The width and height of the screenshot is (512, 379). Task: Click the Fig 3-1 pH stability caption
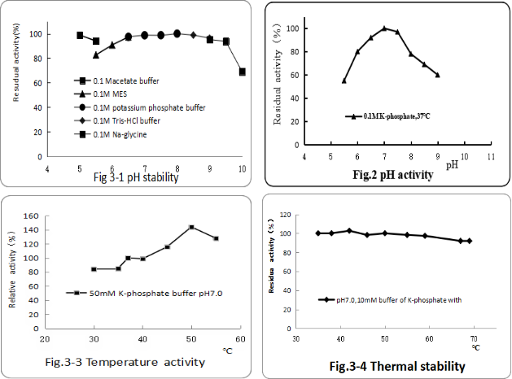(x=134, y=176)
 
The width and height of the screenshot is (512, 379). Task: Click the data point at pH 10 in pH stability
(x=242, y=72)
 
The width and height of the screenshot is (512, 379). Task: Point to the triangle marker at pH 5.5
(x=96, y=54)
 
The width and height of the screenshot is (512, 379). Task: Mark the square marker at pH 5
(x=80, y=36)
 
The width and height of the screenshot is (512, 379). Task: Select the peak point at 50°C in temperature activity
(x=191, y=227)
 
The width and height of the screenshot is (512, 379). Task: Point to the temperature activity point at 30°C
(x=94, y=269)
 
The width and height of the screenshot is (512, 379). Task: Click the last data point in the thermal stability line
(x=469, y=241)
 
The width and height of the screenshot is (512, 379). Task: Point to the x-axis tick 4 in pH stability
(x=46, y=168)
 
